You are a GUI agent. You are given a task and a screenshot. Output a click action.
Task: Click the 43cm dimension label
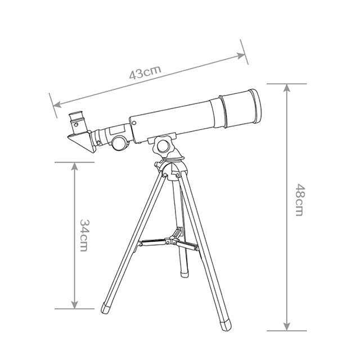(145, 73)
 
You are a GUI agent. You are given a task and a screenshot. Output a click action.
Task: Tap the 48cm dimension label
(300, 200)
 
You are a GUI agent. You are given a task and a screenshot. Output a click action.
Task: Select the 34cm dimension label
(84, 236)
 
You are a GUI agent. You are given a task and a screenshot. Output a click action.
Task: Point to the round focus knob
(120, 143)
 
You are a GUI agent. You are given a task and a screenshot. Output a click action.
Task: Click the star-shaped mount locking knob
(164, 146)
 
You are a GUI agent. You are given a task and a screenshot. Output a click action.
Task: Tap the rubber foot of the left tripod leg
(106, 308)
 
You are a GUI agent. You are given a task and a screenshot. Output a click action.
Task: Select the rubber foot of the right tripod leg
(226, 325)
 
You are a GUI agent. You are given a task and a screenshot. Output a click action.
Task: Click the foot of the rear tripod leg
(184, 274)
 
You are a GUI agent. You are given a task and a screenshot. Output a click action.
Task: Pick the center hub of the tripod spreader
(170, 241)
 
